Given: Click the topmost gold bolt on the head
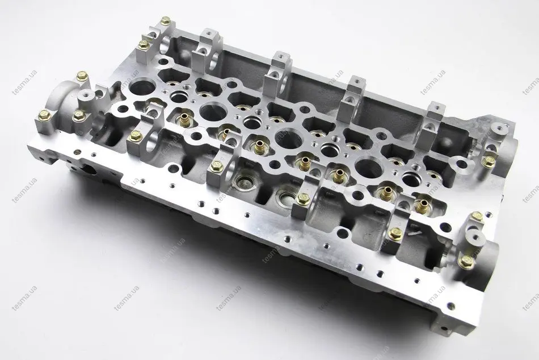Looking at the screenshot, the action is (x=166, y=20).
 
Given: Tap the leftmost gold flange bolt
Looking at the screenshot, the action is (x=45, y=115).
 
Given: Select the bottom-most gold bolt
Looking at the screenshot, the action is (x=466, y=260).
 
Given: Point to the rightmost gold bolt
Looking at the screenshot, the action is (x=489, y=161).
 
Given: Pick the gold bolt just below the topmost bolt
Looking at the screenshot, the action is (x=143, y=44).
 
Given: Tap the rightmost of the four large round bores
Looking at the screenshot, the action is (x=368, y=168).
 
